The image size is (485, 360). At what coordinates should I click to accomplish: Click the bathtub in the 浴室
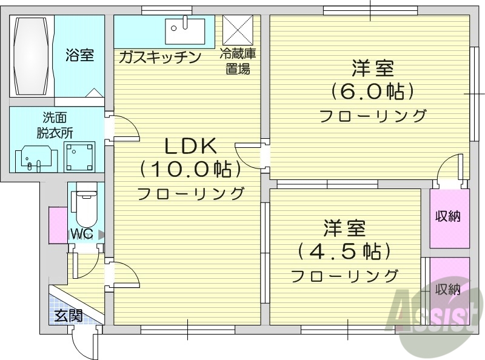click(x=32, y=56)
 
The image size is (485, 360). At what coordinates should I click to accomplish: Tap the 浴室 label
click(x=79, y=56)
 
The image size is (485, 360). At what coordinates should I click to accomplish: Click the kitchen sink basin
click(x=179, y=27)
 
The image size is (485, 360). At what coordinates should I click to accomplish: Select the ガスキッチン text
click(x=159, y=57)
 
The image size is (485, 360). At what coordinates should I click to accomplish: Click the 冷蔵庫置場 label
click(x=238, y=61)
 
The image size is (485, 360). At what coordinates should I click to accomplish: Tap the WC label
click(x=81, y=234)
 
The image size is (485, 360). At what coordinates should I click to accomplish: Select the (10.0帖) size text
click(x=190, y=170)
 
